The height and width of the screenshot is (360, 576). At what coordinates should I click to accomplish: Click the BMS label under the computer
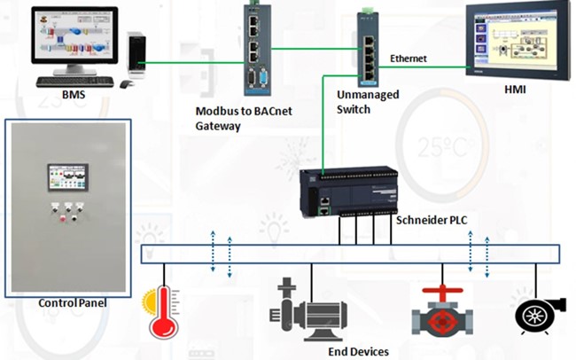(74, 95)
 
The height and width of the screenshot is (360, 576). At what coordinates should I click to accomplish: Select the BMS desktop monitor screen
(74, 41)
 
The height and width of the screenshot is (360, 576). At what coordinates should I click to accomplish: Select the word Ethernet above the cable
(409, 59)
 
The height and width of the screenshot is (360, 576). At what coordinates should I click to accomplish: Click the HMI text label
(517, 90)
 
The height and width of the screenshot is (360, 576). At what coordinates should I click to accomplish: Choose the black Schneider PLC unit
(346, 192)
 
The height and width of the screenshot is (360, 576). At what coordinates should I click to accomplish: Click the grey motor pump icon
(306, 311)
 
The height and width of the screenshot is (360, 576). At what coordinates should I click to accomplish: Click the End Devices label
(358, 351)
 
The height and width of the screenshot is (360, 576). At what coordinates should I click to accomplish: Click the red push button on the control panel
(61, 216)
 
